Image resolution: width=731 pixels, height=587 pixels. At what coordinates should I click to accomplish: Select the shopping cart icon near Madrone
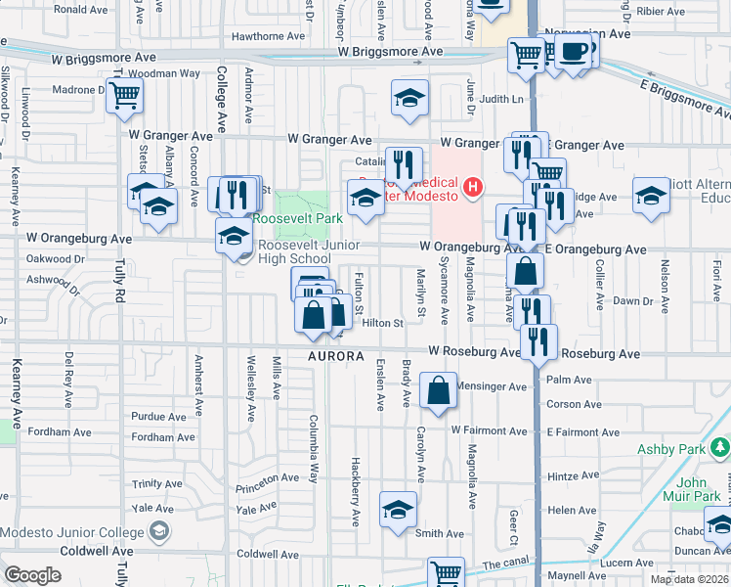[x=125, y=97]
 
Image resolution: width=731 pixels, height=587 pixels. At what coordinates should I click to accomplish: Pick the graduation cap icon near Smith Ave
[x=398, y=510]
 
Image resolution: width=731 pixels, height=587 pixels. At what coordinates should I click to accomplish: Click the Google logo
[x=32, y=575]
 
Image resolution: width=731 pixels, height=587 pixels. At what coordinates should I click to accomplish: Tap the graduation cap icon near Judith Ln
[x=410, y=97]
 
